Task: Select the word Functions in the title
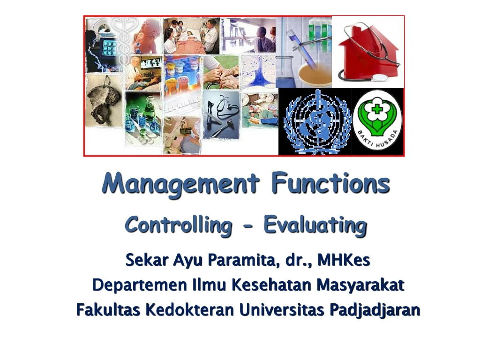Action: (330, 184)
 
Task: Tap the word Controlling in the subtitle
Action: (178, 225)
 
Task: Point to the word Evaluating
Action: (315, 225)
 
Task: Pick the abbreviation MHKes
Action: (344, 260)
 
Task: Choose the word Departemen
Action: (139, 285)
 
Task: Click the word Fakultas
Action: (108, 310)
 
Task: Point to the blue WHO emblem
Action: (315, 122)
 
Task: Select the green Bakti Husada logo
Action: (377, 122)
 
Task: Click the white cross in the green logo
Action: (375, 111)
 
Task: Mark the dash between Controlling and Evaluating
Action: (248, 227)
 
